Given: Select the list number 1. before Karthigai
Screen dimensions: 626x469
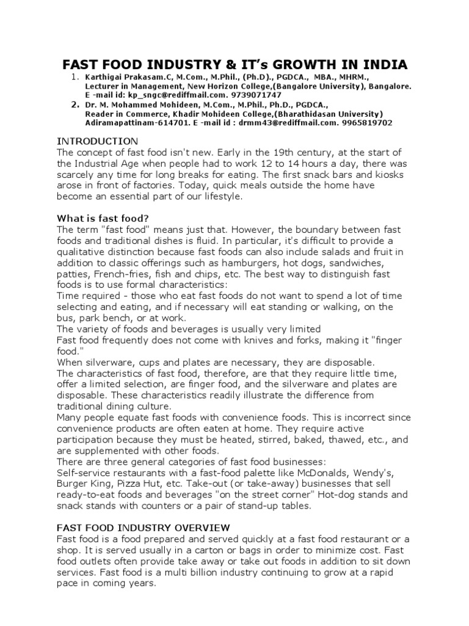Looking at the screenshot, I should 75,77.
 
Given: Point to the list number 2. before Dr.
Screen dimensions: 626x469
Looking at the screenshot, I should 75,105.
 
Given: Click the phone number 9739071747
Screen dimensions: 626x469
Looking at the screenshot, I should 261,95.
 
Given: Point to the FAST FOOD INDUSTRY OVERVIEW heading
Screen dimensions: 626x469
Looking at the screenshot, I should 143,527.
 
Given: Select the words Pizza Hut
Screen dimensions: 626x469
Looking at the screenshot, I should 145,484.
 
